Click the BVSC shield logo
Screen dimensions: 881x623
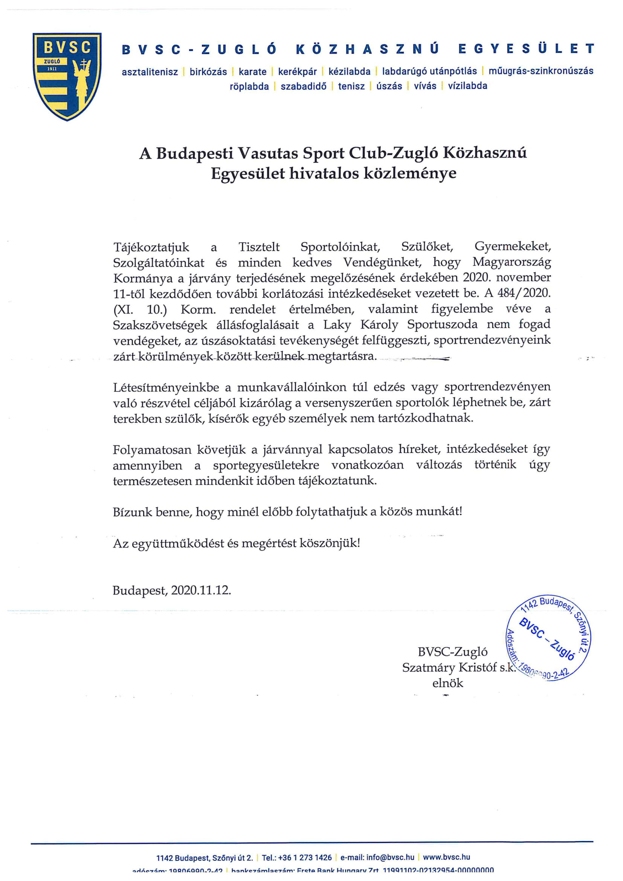click(x=67, y=76)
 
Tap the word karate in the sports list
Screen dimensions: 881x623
click(x=252, y=72)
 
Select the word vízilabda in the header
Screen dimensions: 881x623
click(x=468, y=86)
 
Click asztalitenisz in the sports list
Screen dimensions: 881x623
click(x=150, y=72)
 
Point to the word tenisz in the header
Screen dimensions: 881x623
click(x=351, y=86)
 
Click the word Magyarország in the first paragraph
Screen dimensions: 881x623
click(x=512, y=263)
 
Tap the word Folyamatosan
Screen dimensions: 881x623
click(x=152, y=449)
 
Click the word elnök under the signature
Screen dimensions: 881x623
click(x=448, y=683)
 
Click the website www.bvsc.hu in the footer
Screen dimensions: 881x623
click(x=447, y=857)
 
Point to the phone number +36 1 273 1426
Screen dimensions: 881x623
click(x=305, y=857)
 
